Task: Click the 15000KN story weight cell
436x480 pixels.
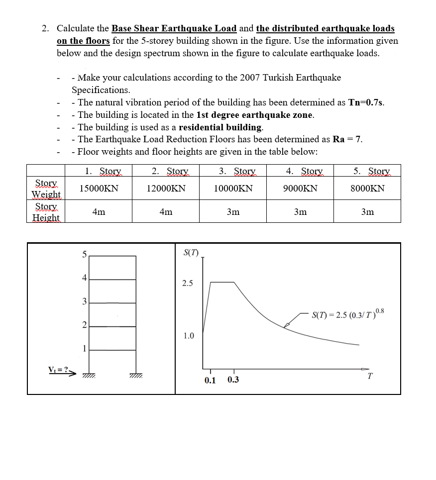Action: [99, 189]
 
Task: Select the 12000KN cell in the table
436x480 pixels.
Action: [166, 189]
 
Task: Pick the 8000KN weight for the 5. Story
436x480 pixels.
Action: [367, 189]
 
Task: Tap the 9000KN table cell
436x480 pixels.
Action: [300, 189]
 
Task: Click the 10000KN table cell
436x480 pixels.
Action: [233, 189]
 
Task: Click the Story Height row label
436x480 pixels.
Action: [46, 212]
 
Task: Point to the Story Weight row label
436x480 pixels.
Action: [46, 189]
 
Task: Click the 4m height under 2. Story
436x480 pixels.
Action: [166, 212]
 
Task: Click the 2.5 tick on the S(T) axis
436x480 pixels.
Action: [188, 284]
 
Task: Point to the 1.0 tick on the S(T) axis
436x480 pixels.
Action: [188, 336]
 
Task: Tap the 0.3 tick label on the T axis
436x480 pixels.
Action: [233, 380]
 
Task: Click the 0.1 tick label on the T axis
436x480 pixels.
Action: [210, 380]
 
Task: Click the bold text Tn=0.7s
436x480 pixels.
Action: [366, 102]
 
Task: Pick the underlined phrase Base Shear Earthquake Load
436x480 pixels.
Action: [174, 28]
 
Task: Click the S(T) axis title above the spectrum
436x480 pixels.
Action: [191, 252]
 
